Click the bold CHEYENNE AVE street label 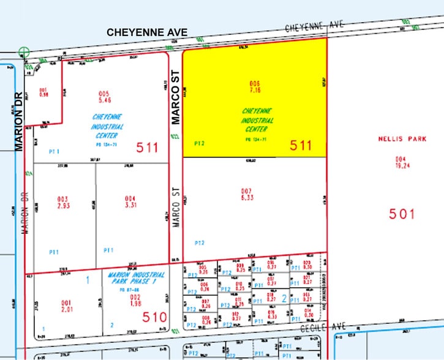146,32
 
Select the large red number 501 402,214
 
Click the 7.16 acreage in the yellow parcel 255,89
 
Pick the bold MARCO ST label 176,105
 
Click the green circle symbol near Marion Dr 24,53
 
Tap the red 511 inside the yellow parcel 301,145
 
